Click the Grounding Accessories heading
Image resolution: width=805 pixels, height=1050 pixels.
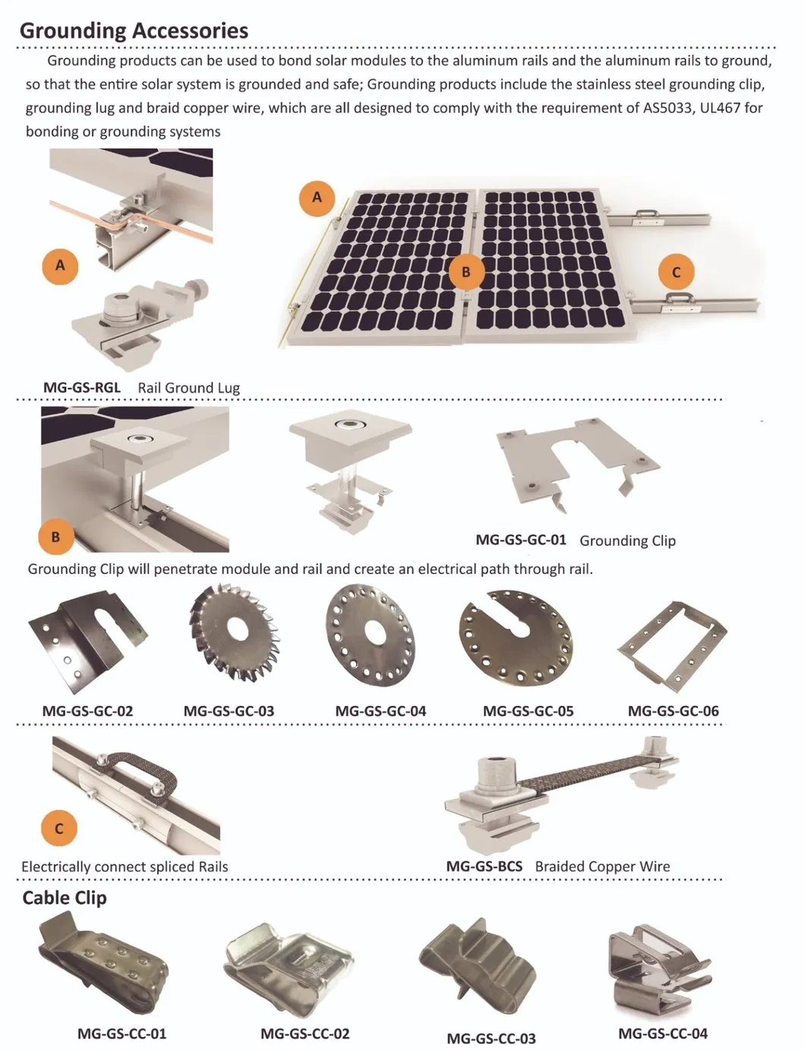(x=134, y=30)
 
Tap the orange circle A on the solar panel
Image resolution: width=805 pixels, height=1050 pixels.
(x=317, y=198)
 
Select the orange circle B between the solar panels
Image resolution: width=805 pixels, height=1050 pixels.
(x=466, y=271)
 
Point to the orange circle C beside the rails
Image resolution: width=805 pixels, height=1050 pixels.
(x=676, y=272)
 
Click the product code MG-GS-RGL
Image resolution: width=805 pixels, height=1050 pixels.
(x=81, y=387)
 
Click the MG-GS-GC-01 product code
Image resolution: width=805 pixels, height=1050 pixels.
(x=521, y=540)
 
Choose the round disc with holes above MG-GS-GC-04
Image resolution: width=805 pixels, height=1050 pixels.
(x=371, y=632)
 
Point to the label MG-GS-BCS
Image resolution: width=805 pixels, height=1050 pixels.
(x=484, y=866)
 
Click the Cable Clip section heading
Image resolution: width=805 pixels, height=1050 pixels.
(x=65, y=897)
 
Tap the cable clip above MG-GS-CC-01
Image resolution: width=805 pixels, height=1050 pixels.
(x=103, y=964)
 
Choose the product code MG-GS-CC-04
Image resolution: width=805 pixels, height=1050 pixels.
(x=662, y=1033)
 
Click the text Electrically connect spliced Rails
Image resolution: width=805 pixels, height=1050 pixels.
(x=125, y=866)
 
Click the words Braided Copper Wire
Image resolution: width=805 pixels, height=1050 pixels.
(x=602, y=866)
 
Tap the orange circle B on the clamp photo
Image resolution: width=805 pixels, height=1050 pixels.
(x=55, y=537)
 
